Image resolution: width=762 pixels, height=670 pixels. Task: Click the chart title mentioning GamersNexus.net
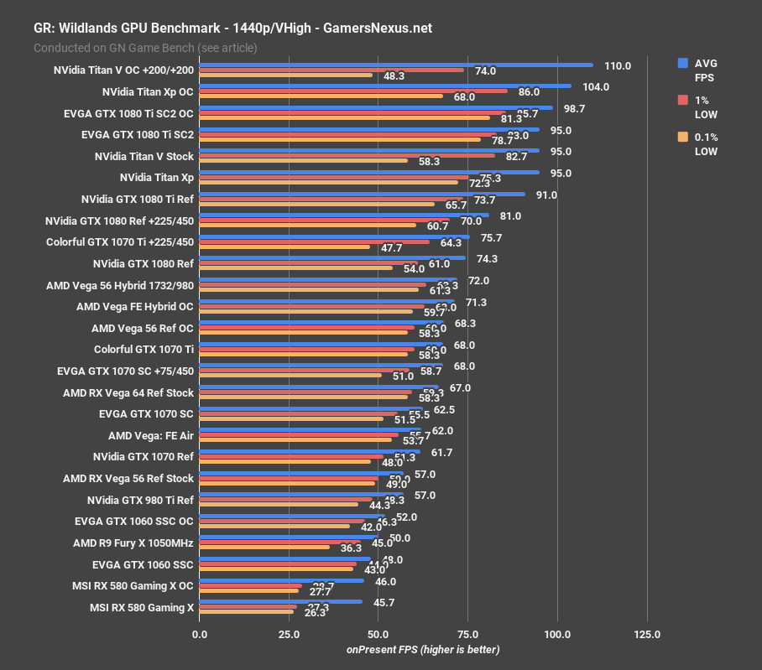click(x=232, y=28)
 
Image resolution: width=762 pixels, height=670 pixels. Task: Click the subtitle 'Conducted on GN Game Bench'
click(x=145, y=48)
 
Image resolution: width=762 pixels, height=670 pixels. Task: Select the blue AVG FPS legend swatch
click(x=683, y=63)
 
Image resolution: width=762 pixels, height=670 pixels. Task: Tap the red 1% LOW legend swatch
click(x=683, y=100)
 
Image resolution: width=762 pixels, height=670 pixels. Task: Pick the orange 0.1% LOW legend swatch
click(x=683, y=137)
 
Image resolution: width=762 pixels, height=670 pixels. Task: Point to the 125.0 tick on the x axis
click(x=647, y=635)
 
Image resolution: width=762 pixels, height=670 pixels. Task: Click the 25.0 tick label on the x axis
click(x=289, y=635)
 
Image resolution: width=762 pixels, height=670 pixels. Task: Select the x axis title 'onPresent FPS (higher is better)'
click(x=423, y=650)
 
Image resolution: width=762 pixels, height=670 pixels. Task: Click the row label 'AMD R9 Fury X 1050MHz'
click(x=133, y=543)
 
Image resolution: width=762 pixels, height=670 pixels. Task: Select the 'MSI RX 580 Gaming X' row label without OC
click(x=141, y=608)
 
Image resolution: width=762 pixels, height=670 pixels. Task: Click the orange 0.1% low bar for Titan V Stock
click(x=303, y=161)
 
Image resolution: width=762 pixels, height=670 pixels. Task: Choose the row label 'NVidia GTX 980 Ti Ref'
click(x=139, y=500)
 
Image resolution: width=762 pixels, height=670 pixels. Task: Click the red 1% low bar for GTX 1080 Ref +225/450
click(x=324, y=220)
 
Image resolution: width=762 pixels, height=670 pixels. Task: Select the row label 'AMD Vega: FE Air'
click(x=151, y=436)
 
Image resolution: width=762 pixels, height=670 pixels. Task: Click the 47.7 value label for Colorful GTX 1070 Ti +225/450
click(x=391, y=248)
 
